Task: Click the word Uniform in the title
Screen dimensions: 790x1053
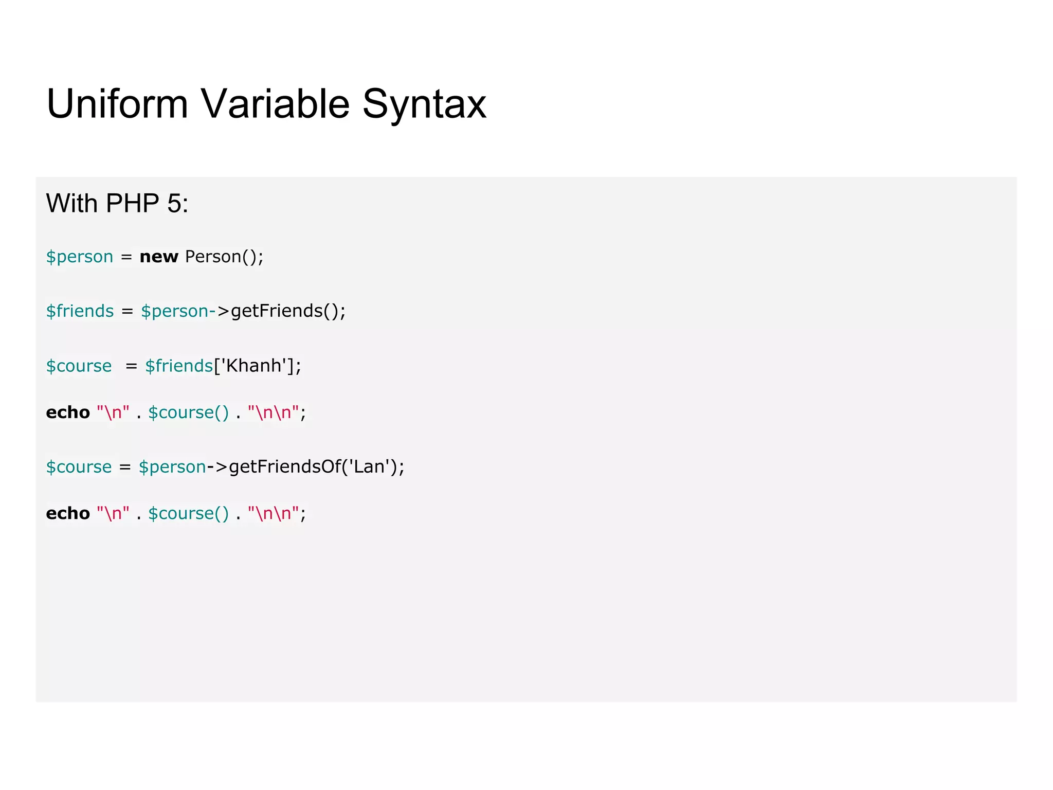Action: click(x=117, y=104)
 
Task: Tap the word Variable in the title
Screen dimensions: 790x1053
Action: click(x=275, y=104)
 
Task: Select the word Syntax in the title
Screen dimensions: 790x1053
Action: click(x=424, y=104)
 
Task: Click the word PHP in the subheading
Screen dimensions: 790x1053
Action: click(x=132, y=203)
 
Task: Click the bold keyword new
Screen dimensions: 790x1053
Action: click(x=159, y=256)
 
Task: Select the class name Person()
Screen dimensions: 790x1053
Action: click(x=224, y=256)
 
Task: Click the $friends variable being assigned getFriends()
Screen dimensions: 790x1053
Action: click(x=80, y=311)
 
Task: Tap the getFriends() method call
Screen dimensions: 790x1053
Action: click(x=288, y=311)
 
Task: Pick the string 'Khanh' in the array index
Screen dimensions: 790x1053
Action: click(x=253, y=365)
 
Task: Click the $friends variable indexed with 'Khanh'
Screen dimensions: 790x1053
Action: click(x=179, y=365)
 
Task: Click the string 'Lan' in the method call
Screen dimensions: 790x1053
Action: click(x=369, y=466)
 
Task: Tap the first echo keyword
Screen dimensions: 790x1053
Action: click(x=68, y=412)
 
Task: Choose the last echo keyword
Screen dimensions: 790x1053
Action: click(x=68, y=513)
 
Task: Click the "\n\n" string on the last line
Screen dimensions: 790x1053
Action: click(x=273, y=513)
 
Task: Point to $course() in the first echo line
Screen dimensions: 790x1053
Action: click(x=188, y=412)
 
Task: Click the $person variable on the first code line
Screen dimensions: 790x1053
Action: click(x=80, y=256)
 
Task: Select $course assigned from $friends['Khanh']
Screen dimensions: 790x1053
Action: click(x=79, y=365)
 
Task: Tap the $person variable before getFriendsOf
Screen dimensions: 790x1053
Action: click(x=172, y=466)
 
